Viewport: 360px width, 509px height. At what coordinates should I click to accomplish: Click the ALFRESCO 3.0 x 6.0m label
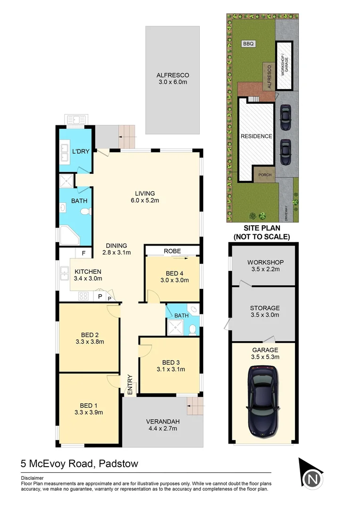point(172,79)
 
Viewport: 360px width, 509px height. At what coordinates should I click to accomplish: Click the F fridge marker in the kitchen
point(83,253)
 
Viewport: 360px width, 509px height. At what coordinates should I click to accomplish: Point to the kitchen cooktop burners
point(84,296)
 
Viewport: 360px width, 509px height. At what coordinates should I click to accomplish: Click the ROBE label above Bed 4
point(172,251)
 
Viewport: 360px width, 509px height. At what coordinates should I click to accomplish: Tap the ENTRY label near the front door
point(130,384)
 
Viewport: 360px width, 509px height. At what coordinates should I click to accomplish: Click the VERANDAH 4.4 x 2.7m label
point(162,426)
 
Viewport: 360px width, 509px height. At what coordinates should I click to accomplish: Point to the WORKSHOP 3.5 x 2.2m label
point(264,266)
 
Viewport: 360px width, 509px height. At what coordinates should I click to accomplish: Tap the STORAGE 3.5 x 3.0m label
point(264,312)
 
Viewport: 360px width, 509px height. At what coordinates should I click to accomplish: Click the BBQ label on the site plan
point(248,43)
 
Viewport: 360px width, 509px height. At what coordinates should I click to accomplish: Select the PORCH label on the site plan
point(264,175)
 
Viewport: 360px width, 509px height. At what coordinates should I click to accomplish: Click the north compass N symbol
point(312,479)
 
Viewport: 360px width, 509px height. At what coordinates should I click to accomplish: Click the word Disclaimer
point(32,477)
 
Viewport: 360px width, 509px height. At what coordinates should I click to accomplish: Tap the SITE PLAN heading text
point(262,228)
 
